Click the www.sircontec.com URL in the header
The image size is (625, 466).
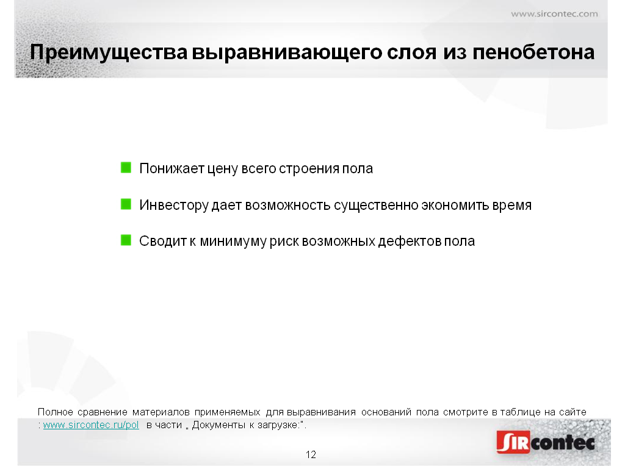[x=554, y=14]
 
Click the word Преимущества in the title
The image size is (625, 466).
[x=109, y=52]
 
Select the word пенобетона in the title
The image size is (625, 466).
[x=533, y=52]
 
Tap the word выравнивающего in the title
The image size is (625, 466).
[x=287, y=52]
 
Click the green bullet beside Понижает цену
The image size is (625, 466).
[x=126, y=168]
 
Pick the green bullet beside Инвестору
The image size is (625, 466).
[x=126, y=204]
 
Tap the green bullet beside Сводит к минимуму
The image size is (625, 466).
[x=126, y=240]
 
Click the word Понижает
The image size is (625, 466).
[x=172, y=168]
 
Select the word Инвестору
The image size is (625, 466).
[x=174, y=205]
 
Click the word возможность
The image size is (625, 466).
[x=288, y=205]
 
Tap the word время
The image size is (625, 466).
[x=512, y=205]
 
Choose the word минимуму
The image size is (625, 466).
[x=233, y=242]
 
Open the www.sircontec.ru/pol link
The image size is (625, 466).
[x=91, y=425]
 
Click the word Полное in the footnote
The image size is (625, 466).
[x=56, y=412]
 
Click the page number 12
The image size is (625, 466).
[x=311, y=454]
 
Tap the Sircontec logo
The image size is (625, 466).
[x=546, y=442]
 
